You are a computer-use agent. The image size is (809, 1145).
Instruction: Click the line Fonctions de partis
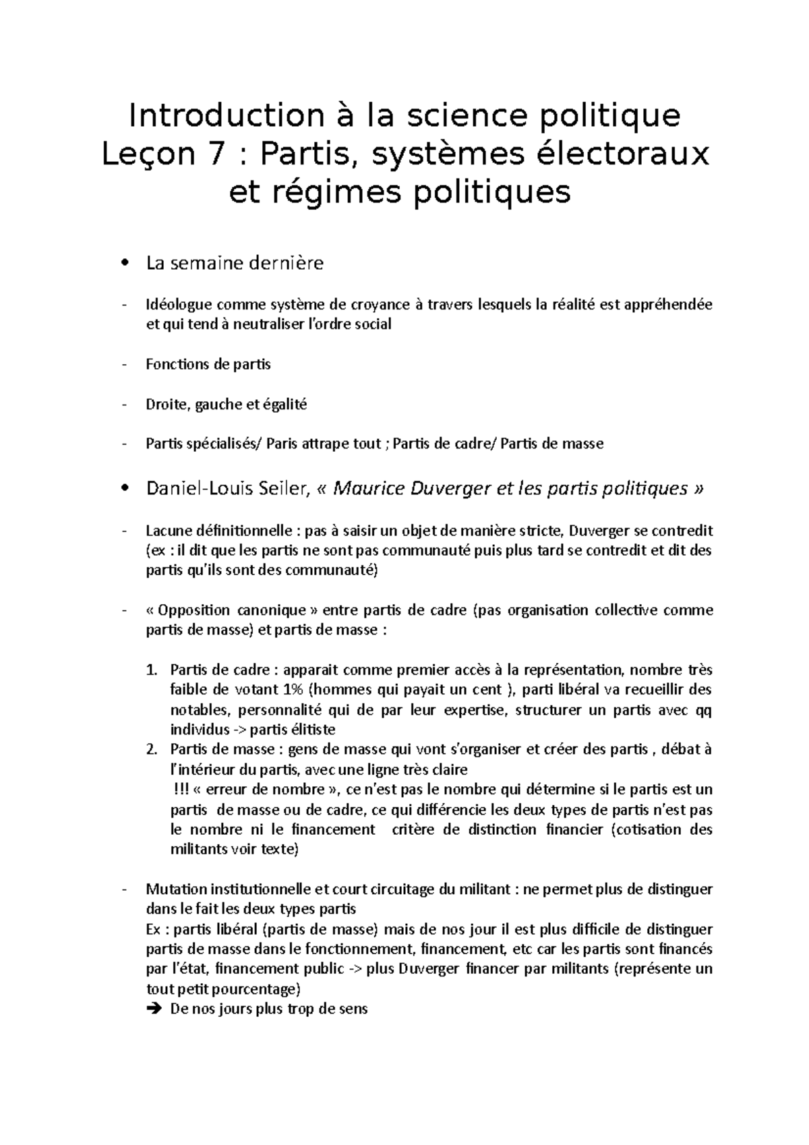208,365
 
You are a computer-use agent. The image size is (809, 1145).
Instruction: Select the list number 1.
150,670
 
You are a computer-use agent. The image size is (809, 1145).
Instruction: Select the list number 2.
150,750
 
